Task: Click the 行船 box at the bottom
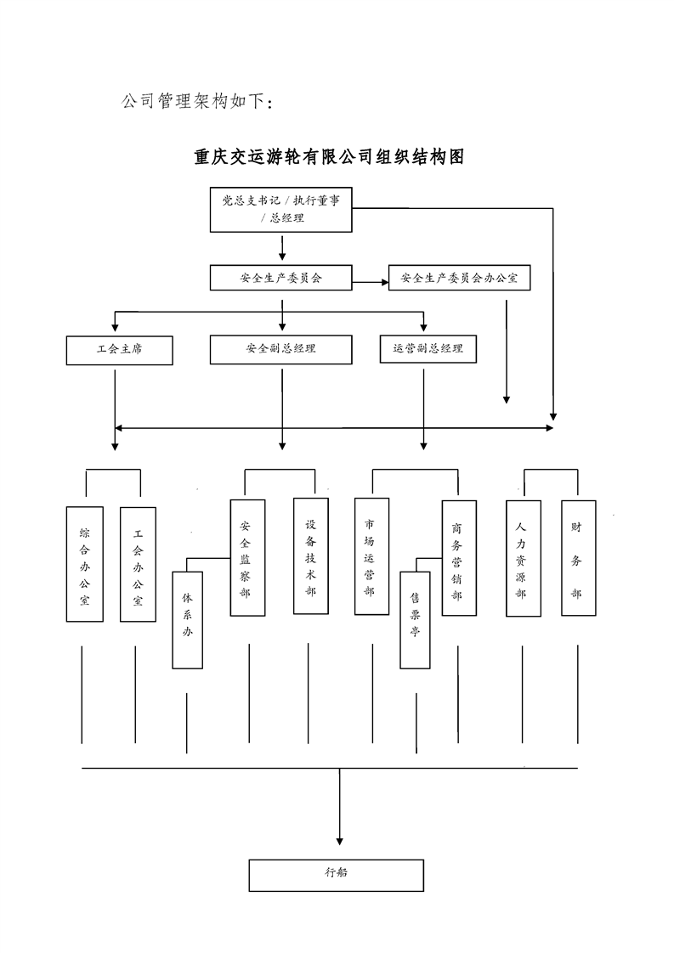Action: pyautogui.click(x=336, y=875)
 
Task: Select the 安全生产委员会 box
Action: pyautogui.click(x=281, y=278)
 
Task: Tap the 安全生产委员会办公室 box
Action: pyautogui.click(x=459, y=278)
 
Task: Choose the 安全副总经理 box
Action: pyautogui.click(x=280, y=350)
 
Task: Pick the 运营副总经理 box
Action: pyautogui.click(x=428, y=349)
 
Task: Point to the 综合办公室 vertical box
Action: pyautogui.click(x=85, y=564)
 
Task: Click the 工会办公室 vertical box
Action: pyautogui.click(x=138, y=564)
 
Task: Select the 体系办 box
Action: pyautogui.click(x=188, y=619)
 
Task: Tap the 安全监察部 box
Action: pyautogui.click(x=247, y=557)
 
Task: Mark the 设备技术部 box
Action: pyautogui.click(x=311, y=555)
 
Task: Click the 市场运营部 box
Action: pyautogui.click(x=371, y=555)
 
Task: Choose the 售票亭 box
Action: pyautogui.click(x=416, y=619)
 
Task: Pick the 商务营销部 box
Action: pyautogui.click(x=459, y=557)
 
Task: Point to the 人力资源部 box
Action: pyautogui.click(x=523, y=558)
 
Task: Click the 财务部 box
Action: pyautogui.click(x=578, y=557)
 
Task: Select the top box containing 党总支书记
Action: pyautogui.click(x=281, y=209)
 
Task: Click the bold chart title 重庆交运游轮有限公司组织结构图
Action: pyautogui.click(x=329, y=157)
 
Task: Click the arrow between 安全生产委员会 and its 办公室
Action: pyautogui.click(x=370, y=281)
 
